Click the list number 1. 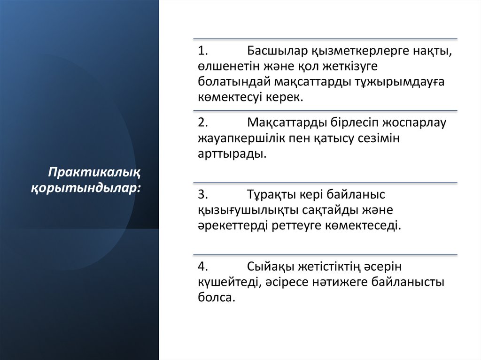coord(202,51)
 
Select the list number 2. coord(202,123)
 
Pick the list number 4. coord(202,267)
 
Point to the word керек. coord(286,97)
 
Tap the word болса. coord(216,298)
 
